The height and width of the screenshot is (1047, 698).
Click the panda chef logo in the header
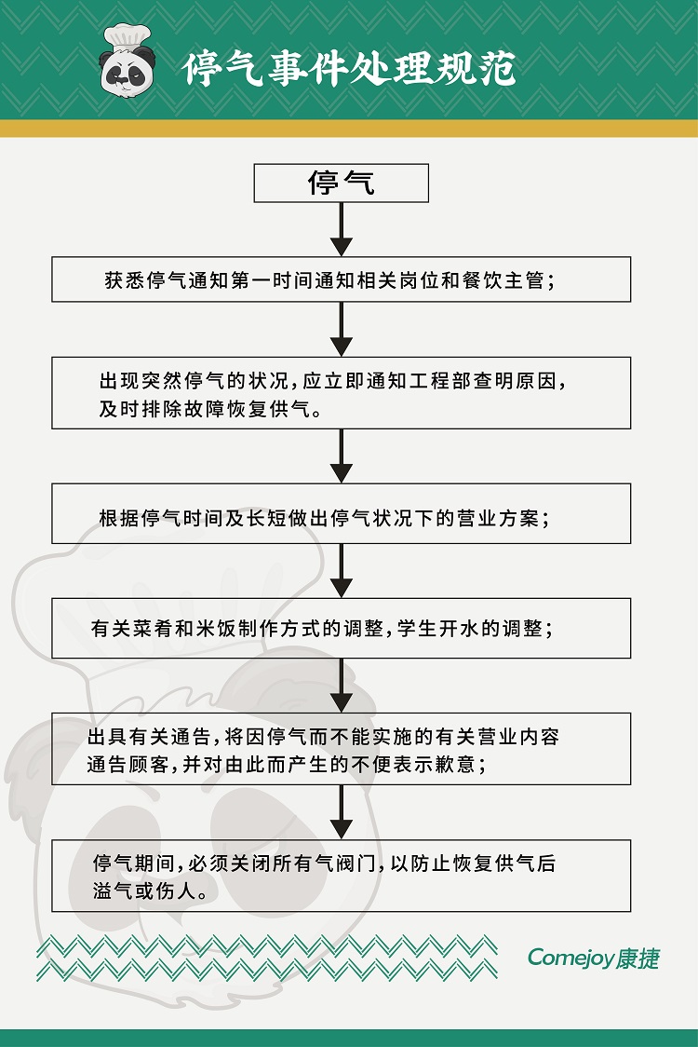click(127, 61)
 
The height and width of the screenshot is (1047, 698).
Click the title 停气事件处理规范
click(349, 68)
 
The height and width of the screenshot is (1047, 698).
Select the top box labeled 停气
click(341, 183)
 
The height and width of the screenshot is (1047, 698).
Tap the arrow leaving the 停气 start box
click(341, 229)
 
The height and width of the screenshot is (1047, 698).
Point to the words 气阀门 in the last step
click(345, 863)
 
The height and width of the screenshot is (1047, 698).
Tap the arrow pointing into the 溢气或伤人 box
click(341, 812)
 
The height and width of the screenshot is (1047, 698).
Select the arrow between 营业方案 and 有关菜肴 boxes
click(341, 570)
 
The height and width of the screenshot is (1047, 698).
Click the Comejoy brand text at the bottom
click(570, 959)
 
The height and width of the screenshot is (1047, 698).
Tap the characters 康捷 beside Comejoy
click(638, 959)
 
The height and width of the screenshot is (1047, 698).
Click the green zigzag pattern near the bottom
click(267, 959)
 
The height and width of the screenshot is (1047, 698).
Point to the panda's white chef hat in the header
click(128, 37)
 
